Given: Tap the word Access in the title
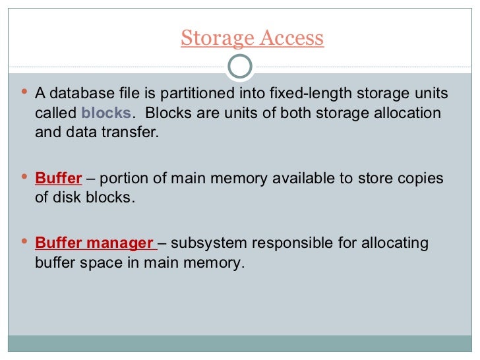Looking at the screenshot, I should point(291,38).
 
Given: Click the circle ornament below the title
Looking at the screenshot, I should point(239,66).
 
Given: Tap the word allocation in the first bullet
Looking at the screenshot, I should point(403,113).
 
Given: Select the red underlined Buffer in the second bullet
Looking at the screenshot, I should point(58,179).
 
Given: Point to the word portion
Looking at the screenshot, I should point(123,179).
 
